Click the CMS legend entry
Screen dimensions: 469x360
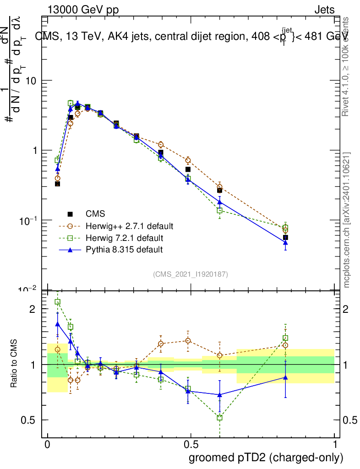[95, 214]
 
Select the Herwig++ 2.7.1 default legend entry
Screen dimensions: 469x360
[129, 226]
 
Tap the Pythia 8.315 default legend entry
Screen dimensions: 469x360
[124, 250]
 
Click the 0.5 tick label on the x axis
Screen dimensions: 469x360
[191, 445]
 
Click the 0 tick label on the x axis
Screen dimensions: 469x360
[47, 445]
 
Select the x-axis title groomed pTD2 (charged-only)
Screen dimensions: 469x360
[266, 458]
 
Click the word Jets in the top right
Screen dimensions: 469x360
[324, 10]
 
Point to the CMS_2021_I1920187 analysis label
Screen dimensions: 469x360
[191, 274]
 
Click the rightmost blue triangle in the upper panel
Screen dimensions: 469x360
[285, 243]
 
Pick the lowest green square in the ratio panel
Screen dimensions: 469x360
[219, 417]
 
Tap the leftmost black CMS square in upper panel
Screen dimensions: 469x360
[58, 184]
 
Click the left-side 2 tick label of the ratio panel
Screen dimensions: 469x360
[32, 309]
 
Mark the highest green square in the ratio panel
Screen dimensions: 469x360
[58, 302]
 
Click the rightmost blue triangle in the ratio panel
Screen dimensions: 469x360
[285, 377]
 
